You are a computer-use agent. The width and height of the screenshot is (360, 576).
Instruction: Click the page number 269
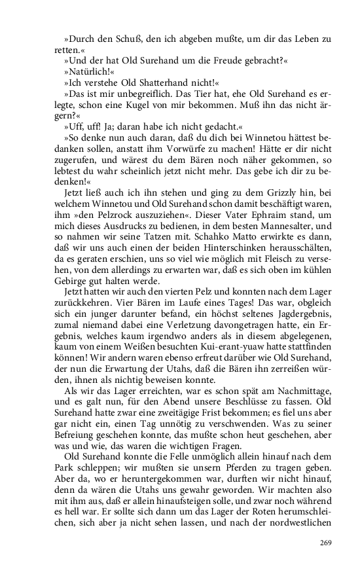pyautogui.click(x=325, y=543)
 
